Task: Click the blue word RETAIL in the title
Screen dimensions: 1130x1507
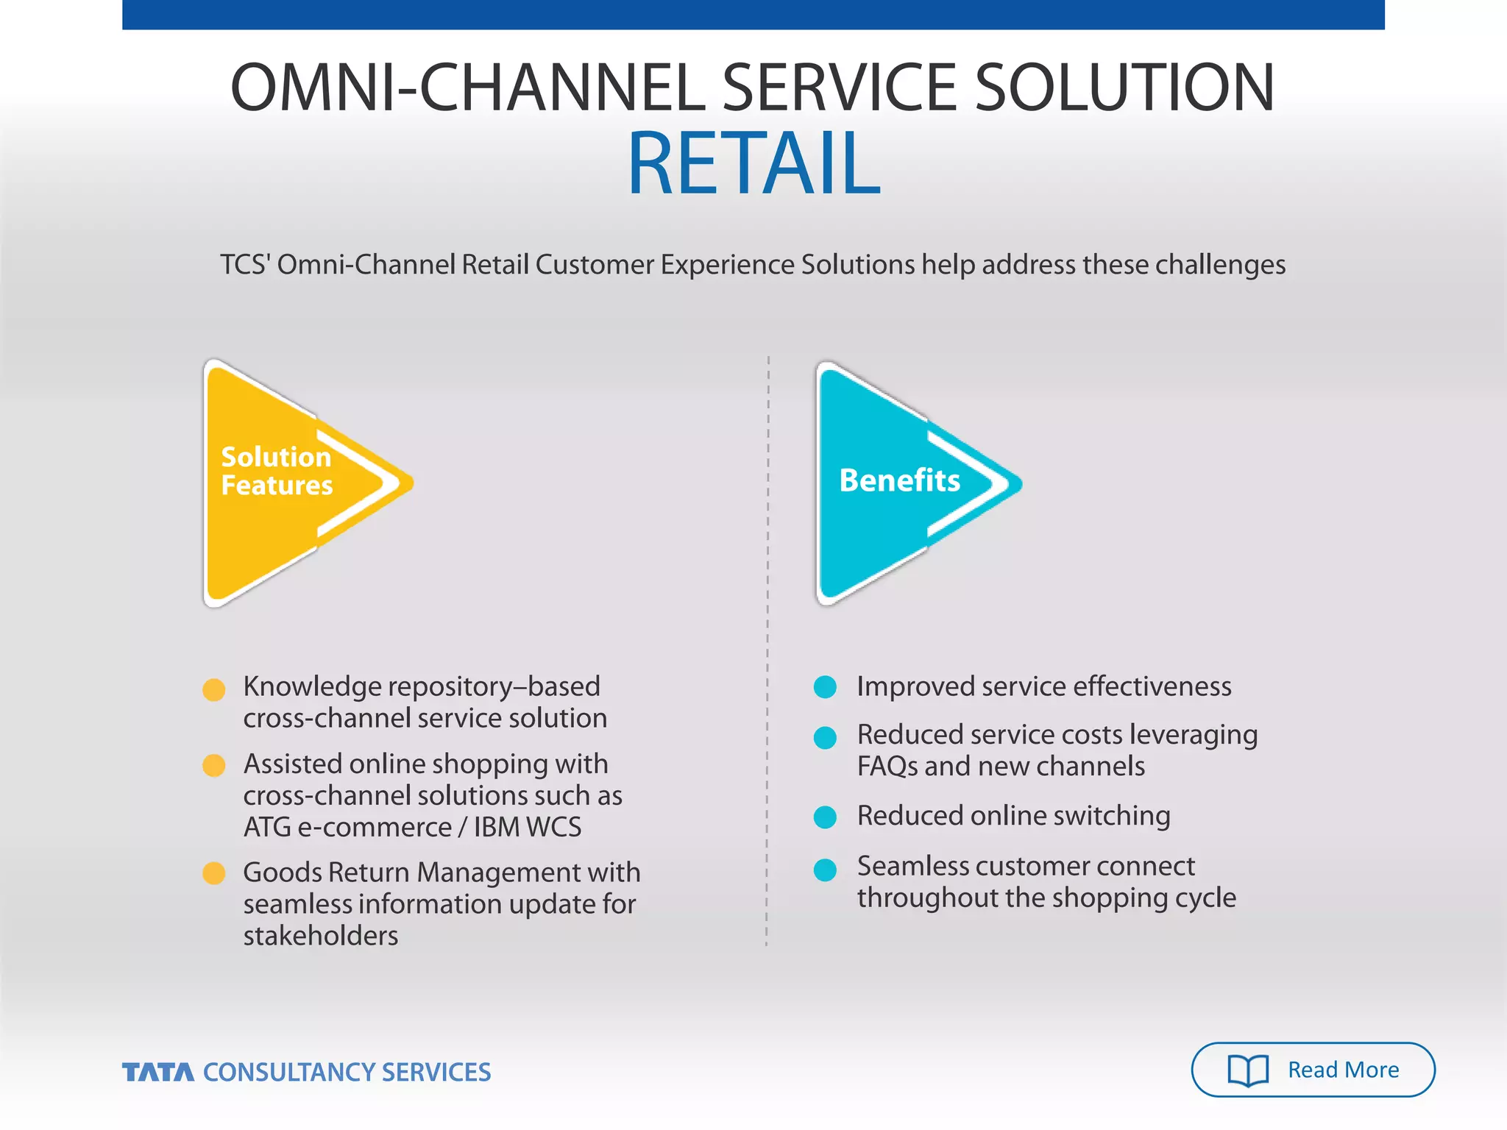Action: (753, 163)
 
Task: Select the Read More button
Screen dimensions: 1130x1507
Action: (1313, 1070)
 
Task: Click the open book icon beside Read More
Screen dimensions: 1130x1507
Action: (1248, 1070)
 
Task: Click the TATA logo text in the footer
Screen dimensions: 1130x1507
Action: (158, 1073)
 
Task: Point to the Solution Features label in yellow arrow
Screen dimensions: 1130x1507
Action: (277, 471)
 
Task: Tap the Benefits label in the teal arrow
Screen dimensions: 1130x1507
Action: (899, 480)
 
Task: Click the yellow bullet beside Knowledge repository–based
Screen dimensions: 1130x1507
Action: (213, 689)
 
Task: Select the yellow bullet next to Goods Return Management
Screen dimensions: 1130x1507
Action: (213, 873)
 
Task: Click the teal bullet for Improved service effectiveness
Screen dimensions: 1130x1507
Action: (825, 687)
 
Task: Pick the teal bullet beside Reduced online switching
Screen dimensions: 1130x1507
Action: (825, 817)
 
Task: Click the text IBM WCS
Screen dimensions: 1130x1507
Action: (527, 828)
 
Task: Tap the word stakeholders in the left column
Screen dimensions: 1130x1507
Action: (321, 936)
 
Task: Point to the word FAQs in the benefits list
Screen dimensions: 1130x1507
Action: (887, 767)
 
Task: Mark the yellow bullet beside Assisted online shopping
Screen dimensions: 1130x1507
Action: (213, 765)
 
